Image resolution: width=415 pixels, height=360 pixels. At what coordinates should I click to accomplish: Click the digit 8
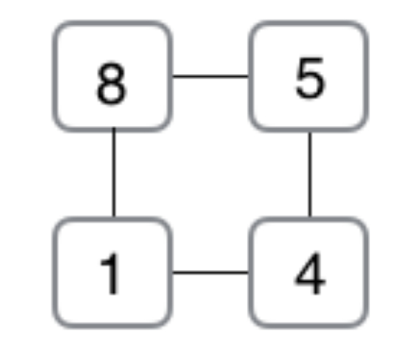(111, 84)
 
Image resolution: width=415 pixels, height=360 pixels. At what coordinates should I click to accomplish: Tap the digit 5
(310, 78)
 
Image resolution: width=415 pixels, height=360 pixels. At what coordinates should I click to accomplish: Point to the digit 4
(310, 273)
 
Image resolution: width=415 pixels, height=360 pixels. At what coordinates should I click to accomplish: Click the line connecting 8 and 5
(210, 77)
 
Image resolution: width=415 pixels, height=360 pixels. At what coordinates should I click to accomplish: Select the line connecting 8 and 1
(114, 172)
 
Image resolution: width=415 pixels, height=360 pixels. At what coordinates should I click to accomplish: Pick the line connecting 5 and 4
(310, 174)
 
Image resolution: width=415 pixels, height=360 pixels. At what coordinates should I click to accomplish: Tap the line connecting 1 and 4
(210, 272)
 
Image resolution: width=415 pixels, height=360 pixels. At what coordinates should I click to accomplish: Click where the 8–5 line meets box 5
(249, 77)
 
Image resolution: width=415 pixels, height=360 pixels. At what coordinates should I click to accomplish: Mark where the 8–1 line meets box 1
(114, 218)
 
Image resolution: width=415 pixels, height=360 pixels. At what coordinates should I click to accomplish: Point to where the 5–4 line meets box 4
(310, 217)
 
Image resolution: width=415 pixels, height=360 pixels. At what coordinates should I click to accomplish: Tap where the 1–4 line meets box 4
(249, 272)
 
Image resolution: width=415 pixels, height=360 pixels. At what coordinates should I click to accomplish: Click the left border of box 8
(55, 76)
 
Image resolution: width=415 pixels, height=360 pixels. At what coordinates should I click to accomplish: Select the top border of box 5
(308, 23)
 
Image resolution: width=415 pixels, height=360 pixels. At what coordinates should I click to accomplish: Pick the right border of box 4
(366, 273)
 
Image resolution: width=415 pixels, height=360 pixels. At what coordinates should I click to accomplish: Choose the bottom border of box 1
(113, 326)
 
